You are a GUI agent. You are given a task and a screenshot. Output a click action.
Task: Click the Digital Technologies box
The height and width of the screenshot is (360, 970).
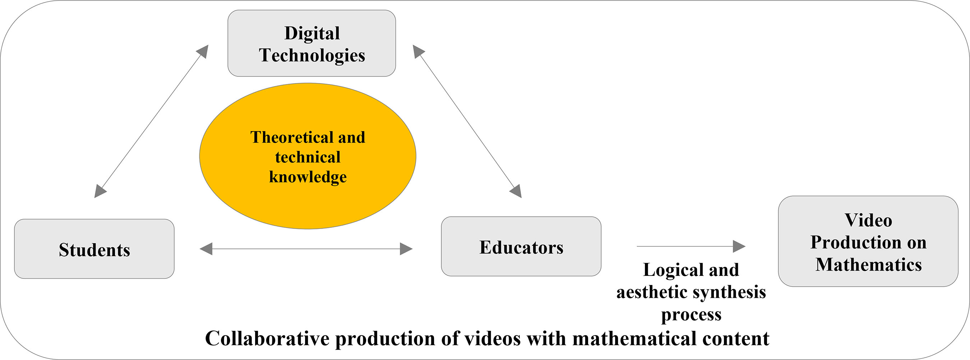point(311,43)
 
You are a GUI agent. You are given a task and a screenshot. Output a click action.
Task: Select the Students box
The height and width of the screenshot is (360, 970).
point(94,249)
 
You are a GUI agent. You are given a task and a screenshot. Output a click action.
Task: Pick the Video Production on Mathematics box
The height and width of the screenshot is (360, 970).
point(868,241)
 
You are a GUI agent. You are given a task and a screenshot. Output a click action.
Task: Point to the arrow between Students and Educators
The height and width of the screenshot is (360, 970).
point(306,249)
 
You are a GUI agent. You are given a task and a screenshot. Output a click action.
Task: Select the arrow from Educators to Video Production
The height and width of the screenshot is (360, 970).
point(690,246)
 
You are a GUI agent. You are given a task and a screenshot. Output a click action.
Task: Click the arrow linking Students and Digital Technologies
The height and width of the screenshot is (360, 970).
point(151,121)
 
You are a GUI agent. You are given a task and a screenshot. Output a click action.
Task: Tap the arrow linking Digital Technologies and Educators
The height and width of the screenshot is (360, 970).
point(467,121)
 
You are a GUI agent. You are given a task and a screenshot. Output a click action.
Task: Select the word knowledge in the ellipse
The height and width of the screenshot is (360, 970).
point(308,177)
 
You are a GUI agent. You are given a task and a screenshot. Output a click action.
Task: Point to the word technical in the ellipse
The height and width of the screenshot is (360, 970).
point(308,157)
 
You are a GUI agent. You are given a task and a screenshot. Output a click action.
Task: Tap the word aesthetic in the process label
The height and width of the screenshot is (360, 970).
point(651,292)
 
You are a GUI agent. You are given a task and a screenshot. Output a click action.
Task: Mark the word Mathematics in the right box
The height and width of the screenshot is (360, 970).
point(868,264)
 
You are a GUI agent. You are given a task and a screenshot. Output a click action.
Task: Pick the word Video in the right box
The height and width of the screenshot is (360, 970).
point(868,220)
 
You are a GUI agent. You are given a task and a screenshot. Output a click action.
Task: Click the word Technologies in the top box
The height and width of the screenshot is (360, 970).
point(312,55)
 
